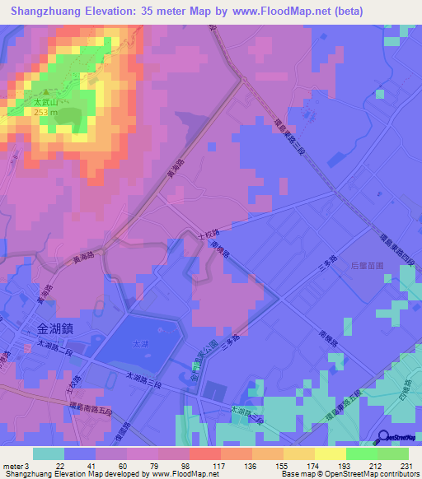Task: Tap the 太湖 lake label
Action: coord(141,345)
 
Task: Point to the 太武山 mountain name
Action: coord(45,103)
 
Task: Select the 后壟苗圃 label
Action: coord(368,265)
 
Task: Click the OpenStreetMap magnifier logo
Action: coord(385,436)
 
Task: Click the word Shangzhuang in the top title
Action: coord(46,12)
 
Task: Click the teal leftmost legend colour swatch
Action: coord(49,453)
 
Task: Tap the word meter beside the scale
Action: coord(12,467)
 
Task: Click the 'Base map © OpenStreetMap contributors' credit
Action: coord(349,475)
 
